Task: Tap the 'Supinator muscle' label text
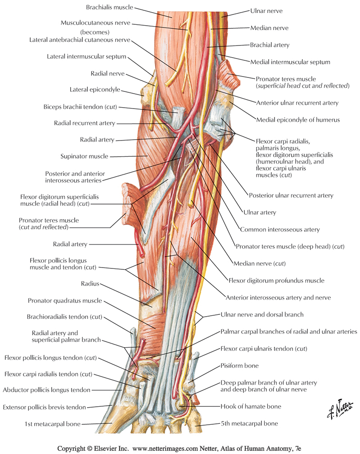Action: click(x=84, y=156)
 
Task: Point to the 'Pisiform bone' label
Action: click(x=239, y=366)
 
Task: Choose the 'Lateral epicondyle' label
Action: click(x=94, y=90)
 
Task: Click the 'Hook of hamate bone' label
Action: click(x=251, y=406)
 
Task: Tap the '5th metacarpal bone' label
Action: click(x=249, y=423)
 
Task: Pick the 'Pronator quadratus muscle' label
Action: click(x=65, y=300)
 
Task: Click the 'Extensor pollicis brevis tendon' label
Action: click(x=44, y=407)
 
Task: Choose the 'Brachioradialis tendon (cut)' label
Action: click(x=69, y=317)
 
